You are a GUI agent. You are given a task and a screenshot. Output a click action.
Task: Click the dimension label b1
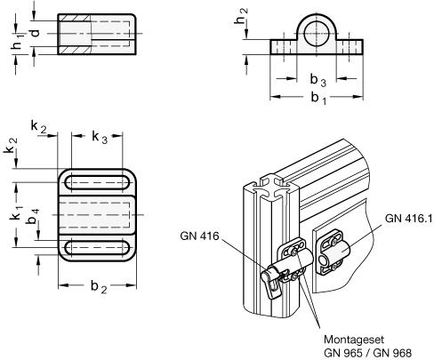pos(318,98)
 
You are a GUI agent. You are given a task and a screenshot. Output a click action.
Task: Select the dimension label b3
pos(318,80)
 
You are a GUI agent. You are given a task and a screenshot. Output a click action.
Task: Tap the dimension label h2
pos(241,16)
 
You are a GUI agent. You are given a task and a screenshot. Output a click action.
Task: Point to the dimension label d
pos(36,33)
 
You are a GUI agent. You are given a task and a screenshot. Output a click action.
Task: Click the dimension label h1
pos(18,43)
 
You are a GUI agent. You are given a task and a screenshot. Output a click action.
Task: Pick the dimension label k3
pos(100,137)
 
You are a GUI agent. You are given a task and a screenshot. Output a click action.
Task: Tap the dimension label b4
pos(32,216)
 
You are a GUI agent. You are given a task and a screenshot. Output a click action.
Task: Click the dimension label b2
pos(99,287)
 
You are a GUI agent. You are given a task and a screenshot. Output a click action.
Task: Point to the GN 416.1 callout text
pos(408,219)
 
